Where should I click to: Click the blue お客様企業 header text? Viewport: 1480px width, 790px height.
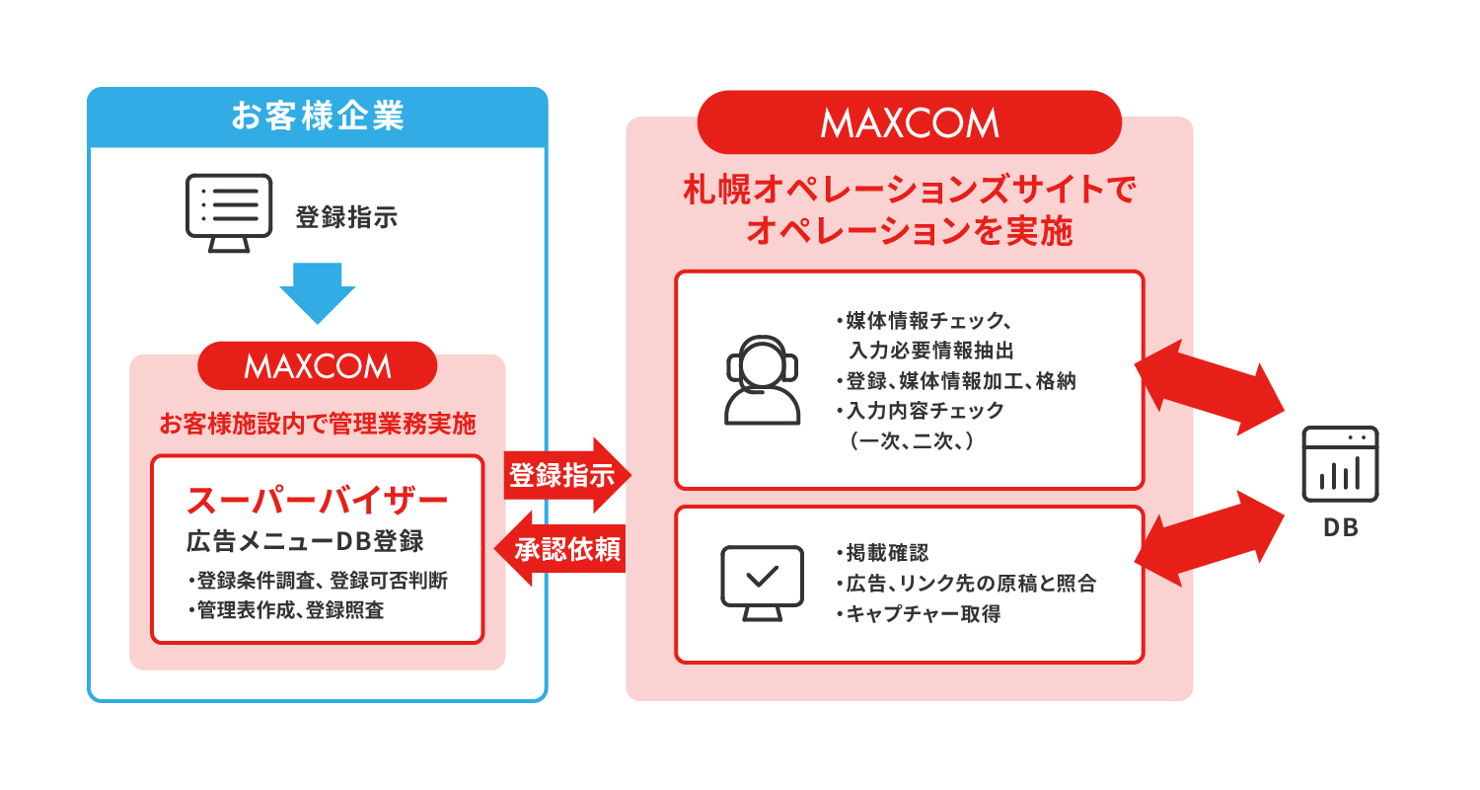click(x=317, y=117)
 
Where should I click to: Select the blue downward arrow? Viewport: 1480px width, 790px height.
click(x=317, y=293)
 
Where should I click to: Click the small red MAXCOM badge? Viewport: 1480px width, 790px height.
click(x=317, y=365)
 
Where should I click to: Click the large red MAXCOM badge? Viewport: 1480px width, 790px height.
click(x=909, y=123)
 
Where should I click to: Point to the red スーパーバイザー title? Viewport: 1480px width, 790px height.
click(x=317, y=501)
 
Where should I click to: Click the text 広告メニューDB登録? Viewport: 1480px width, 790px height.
click(x=305, y=541)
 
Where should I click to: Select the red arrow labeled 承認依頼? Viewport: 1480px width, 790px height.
click(x=560, y=549)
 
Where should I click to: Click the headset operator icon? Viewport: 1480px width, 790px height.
click(x=762, y=379)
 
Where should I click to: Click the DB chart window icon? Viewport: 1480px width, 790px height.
click(x=1340, y=464)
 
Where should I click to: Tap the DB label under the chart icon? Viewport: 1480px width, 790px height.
click(x=1341, y=527)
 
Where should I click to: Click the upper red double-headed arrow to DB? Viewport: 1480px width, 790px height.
click(x=1209, y=387)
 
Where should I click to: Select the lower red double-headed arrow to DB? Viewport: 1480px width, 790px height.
click(x=1209, y=539)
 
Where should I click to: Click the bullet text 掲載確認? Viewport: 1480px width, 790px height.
click(x=882, y=553)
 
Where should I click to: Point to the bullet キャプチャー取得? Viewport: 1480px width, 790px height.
click(x=919, y=613)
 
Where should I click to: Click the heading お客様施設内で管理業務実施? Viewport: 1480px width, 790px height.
click(x=317, y=424)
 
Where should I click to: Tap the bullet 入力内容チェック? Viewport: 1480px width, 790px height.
click(x=920, y=411)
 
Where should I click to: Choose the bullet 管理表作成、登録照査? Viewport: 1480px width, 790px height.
click(x=285, y=609)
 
